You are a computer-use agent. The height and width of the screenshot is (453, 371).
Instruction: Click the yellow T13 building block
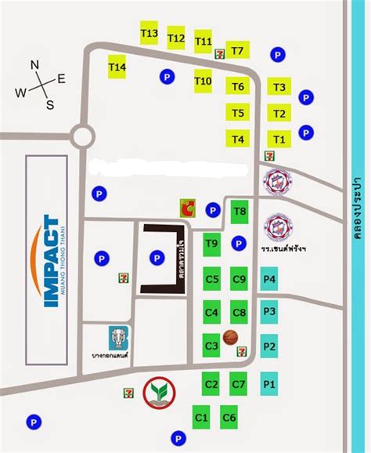[149, 34]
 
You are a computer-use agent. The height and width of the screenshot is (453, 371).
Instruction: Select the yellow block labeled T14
[117, 68]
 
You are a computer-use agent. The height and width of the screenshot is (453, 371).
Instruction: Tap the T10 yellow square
[203, 81]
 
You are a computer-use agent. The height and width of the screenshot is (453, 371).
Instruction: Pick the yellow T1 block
[279, 140]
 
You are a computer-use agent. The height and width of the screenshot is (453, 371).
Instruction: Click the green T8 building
[240, 211]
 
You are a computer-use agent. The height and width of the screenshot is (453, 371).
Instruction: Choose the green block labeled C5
[211, 279]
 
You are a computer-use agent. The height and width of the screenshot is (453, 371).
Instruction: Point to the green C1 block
[201, 418]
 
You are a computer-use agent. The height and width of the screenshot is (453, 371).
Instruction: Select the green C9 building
[240, 279]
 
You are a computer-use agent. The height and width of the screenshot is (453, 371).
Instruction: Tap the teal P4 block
[269, 279]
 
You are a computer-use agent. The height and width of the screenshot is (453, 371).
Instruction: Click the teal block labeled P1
[269, 384]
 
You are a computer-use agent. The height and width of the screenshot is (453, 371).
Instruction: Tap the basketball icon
[230, 337]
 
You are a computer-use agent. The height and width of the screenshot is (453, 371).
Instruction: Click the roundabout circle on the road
[83, 138]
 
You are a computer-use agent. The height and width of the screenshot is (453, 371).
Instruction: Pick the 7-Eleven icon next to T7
[220, 53]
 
